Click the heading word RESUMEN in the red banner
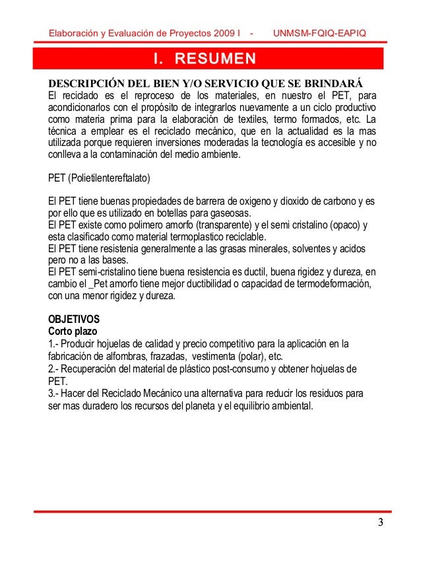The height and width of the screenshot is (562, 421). click(x=214, y=61)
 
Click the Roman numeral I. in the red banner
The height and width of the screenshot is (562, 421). click(x=158, y=61)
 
